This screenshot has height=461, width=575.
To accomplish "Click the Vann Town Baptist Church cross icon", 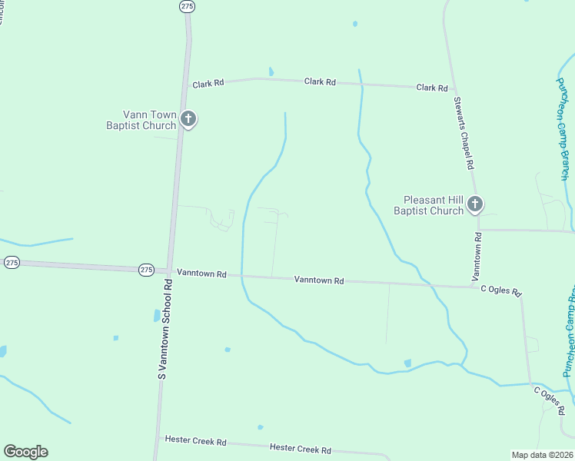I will click(x=188, y=119).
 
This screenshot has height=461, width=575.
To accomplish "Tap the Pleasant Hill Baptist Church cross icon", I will click(x=475, y=204).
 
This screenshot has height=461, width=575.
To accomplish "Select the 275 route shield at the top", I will click(x=186, y=5).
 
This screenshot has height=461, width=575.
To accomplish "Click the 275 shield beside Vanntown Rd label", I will click(x=147, y=270).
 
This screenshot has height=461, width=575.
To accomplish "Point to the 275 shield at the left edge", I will click(x=11, y=262).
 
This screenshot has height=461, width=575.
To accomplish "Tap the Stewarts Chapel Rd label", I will click(x=463, y=133).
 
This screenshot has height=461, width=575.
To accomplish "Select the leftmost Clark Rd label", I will click(x=208, y=83).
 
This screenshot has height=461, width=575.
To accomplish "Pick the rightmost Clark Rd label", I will click(x=432, y=88).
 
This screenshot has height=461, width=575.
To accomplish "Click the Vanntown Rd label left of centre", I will click(x=201, y=273).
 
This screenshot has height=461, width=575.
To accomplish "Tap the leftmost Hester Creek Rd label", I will click(x=196, y=441).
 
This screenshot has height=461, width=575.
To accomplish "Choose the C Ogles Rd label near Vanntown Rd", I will click(x=501, y=290).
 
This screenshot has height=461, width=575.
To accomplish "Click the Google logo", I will click(x=25, y=452).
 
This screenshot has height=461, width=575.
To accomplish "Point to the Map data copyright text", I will click(x=543, y=455).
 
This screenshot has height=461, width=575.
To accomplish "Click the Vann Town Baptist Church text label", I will click(x=141, y=120).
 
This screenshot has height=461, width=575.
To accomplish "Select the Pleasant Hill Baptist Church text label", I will click(x=429, y=205).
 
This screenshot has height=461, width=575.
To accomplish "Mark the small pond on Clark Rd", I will click(x=271, y=72).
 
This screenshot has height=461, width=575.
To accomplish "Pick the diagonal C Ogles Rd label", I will click(x=550, y=396).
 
